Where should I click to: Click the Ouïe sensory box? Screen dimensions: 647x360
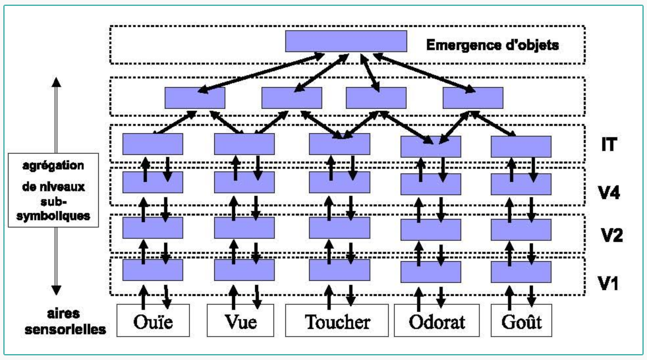[x=153, y=320]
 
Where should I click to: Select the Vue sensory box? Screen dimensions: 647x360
[x=240, y=320]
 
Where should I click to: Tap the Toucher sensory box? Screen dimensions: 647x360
[x=337, y=320]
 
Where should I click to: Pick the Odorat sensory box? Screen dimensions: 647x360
[x=437, y=320]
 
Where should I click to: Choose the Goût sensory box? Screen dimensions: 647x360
[x=521, y=320]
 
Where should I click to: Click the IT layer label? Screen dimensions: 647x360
[x=609, y=144]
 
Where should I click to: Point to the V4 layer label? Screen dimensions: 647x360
[x=609, y=193]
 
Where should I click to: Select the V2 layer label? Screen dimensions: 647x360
[x=611, y=235]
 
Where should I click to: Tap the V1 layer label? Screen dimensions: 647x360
[x=608, y=284]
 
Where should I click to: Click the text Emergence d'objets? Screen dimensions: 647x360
[x=492, y=45]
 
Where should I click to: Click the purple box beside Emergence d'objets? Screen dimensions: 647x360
[x=346, y=42]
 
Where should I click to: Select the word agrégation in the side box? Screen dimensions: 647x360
[x=53, y=165]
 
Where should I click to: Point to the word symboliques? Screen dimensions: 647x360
[x=53, y=216]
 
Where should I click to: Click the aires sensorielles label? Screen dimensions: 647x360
[x=65, y=321]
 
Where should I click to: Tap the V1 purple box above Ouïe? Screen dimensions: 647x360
[x=153, y=270]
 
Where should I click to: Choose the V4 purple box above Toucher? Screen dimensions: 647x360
[x=339, y=182]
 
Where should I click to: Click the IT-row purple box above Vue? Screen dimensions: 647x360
[x=244, y=144]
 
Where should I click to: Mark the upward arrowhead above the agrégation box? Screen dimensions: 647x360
[x=57, y=82]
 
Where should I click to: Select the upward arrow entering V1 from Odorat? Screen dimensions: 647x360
[x=419, y=299]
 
